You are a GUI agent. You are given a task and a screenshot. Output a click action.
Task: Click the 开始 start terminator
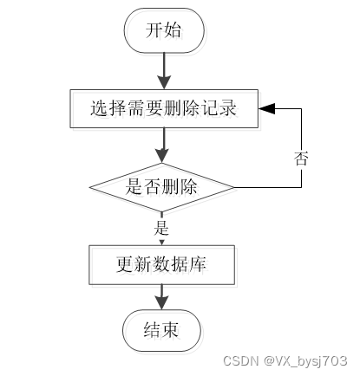click(x=164, y=30)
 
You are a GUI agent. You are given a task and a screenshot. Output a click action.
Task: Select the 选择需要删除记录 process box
click(x=164, y=108)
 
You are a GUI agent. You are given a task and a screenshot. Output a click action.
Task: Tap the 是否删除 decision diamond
click(x=161, y=187)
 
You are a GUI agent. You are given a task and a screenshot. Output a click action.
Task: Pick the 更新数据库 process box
click(x=161, y=265)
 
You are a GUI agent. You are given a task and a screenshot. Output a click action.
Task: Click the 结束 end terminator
click(x=161, y=330)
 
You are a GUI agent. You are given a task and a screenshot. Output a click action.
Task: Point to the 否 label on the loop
click(x=301, y=158)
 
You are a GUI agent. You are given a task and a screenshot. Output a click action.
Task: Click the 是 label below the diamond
click(x=161, y=228)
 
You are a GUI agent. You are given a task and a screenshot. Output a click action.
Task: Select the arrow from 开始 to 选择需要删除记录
click(x=164, y=71)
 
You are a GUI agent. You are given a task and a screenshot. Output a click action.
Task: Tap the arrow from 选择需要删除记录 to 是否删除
click(x=163, y=146)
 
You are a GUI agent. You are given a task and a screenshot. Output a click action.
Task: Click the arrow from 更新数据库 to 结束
click(x=161, y=297)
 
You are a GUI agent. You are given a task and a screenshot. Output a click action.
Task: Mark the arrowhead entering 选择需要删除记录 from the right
click(x=266, y=108)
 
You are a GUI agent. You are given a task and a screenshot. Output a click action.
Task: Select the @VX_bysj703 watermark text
click(x=305, y=361)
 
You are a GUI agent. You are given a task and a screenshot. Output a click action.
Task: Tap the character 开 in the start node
click(x=154, y=30)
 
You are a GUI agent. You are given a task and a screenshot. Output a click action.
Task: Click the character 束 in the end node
click(x=170, y=330)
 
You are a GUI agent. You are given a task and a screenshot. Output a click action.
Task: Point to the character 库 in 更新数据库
click(x=199, y=264)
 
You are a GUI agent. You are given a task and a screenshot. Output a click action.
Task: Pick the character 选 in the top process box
click(x=100, y=108)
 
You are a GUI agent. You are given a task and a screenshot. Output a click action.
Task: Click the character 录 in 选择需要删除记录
click(x=228, y=108)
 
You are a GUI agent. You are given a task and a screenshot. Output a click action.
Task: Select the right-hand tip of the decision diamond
click(x=234, y=187)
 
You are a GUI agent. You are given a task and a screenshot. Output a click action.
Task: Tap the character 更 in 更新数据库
click(x=125, y=264)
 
